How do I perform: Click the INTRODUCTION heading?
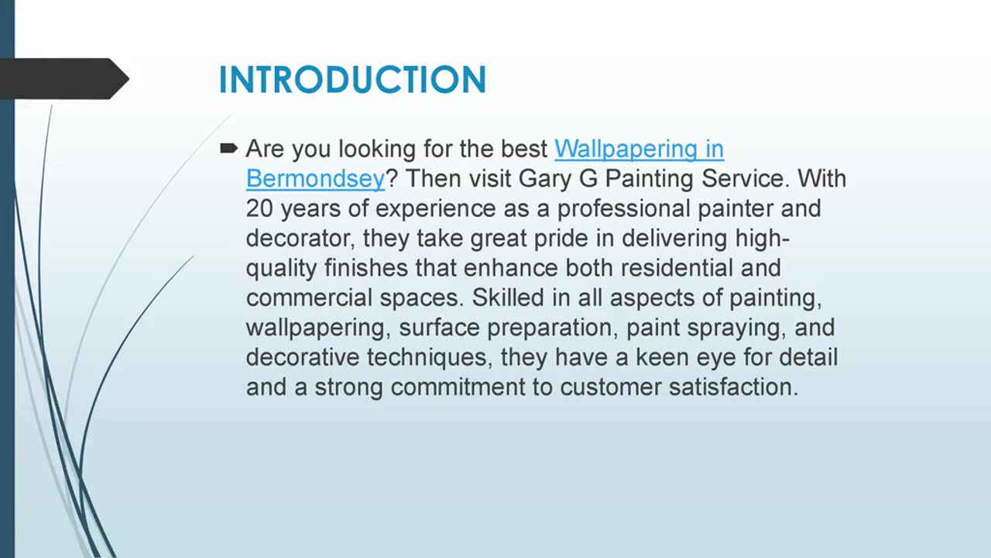[x=352, y=80]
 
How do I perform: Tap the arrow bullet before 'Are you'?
[x=229, y=148]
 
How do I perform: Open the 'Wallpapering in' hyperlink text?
[x=639, y=148]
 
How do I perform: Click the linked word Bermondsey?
[x=315, y=178]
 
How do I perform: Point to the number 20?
[x=259, y=208]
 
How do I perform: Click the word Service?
[x=746, y=178]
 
